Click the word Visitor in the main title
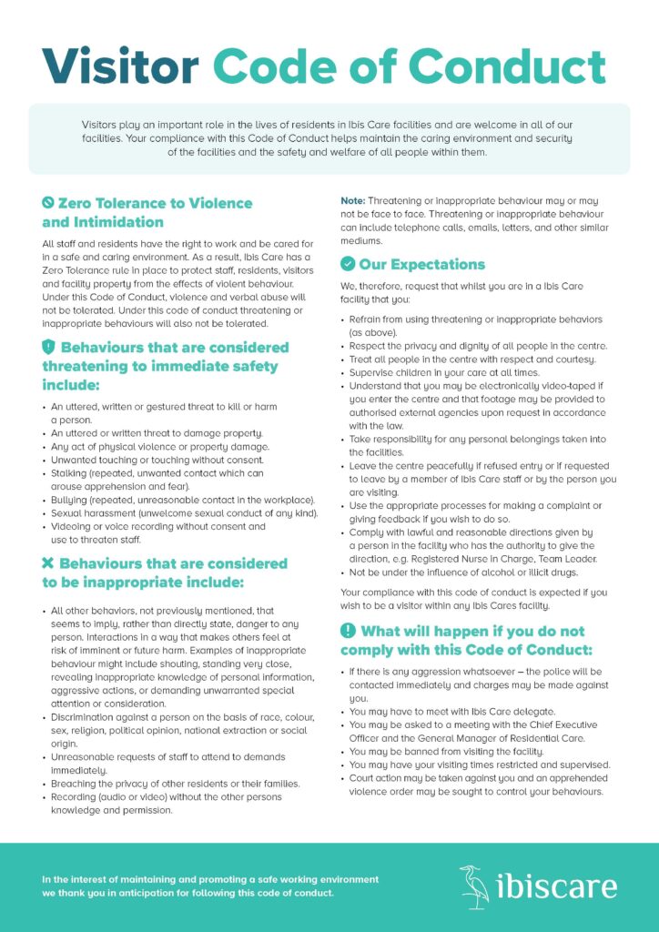tap(120, 66)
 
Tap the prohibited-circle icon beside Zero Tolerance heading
tap(48, 203)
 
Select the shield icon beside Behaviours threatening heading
tap(48, 347)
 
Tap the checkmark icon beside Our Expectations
tap(348, 264)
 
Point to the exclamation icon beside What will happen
tap(348, 631)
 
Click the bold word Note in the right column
tap(352, 200)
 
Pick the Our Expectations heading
tap(421, 265)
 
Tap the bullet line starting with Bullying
tap(182, 500)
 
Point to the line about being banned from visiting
tap(446, 752)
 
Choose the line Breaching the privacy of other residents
tap(175, 784)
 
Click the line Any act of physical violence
tap(159, 447)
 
